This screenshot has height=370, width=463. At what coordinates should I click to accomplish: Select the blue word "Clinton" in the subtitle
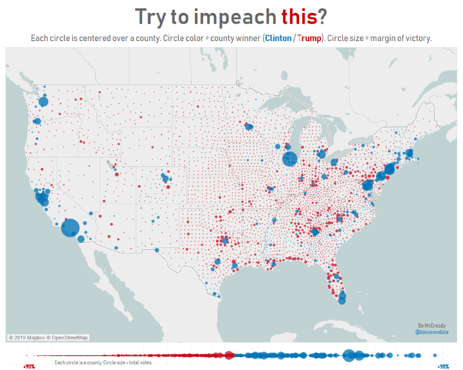tap(278, 38)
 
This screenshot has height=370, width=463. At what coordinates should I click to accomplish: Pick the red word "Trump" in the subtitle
tap(310, 38)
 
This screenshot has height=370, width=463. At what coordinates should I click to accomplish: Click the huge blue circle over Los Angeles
tap(70, 228)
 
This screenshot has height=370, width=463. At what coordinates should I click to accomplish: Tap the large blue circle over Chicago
tap(289, 159)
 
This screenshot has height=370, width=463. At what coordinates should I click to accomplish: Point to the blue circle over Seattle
tap(44, 101)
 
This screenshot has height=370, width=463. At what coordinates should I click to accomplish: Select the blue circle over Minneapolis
tap(249, 127)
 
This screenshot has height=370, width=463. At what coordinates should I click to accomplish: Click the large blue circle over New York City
tap(389, 170)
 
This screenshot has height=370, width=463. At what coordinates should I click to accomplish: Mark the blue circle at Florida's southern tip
tap(341, 300)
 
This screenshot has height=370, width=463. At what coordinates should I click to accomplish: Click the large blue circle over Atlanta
tap(315, 232)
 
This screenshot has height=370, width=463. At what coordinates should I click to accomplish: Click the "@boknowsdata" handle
tap(431, 333)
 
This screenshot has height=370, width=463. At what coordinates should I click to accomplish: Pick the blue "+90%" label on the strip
tap(443, 366)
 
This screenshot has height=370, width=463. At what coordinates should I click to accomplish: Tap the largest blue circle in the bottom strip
tap(350, 355)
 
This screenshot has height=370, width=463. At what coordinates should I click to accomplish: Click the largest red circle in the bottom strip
tap(229, 355)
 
